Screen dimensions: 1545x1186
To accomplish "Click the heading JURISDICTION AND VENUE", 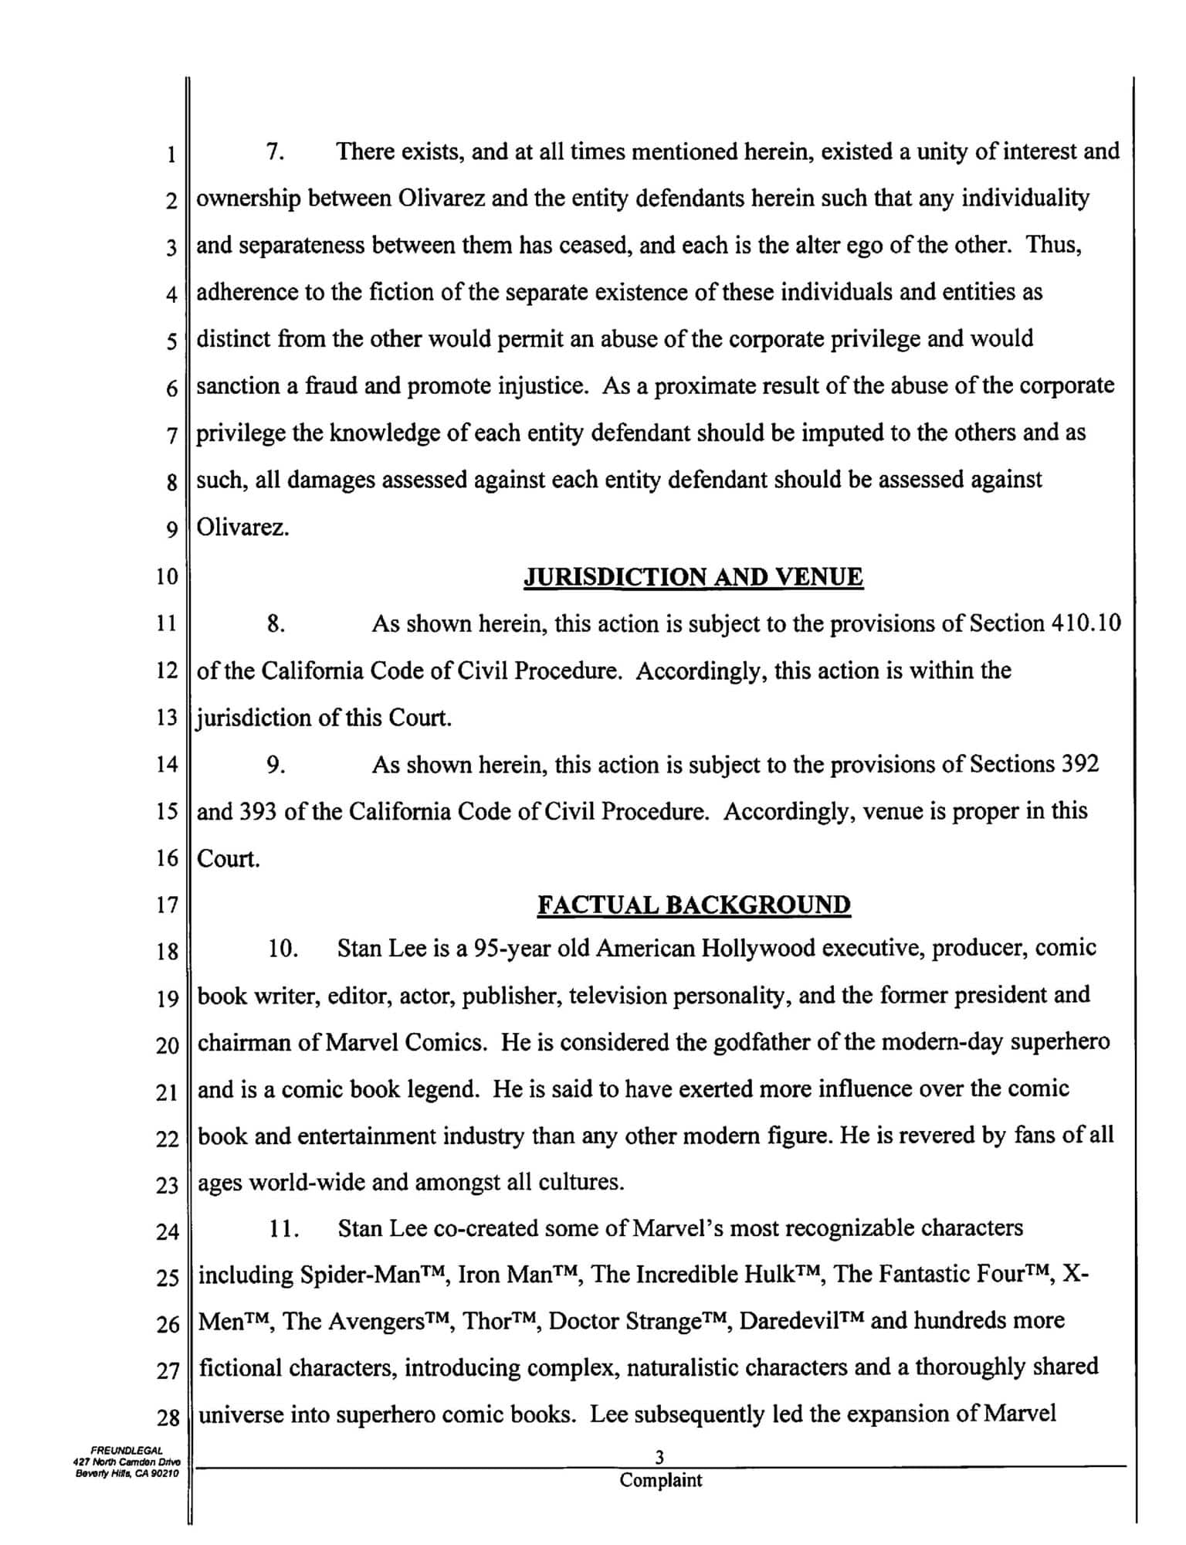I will coord(693,577).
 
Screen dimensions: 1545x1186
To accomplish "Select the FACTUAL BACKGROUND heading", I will coord(693,905).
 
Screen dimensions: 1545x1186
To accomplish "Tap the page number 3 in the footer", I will coord(659,1458).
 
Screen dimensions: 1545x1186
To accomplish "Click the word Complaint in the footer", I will coord(661,1480).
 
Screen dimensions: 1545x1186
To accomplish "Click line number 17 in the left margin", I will coord(167,905).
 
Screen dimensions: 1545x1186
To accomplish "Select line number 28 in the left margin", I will coord(167,1418).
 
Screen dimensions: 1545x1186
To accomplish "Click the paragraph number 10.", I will coord(283,949).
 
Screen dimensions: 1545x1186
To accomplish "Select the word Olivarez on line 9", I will coord(242,528).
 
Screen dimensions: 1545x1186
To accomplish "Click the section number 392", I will coord(1080,765).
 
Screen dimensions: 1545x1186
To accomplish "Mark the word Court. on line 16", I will coord(229,859).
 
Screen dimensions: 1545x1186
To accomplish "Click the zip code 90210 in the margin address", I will coord(163,1474).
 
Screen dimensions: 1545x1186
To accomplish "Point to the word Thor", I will coord(486,1322).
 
